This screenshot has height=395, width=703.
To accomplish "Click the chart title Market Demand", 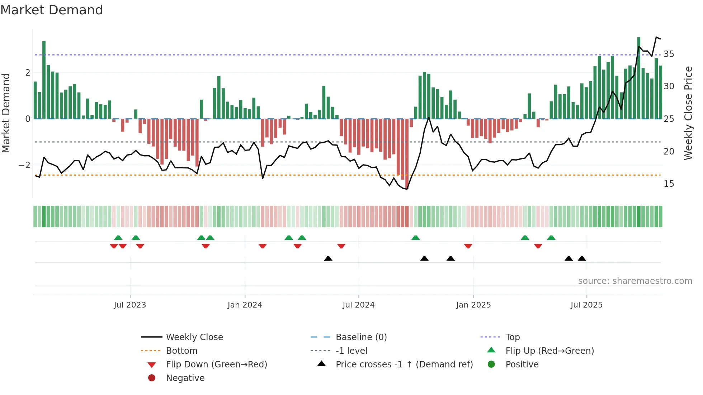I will click(x=52, y=10).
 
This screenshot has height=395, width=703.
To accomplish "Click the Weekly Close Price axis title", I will click(x=688, y=113).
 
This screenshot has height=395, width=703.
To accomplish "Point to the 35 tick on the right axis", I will click(x=669, y=54).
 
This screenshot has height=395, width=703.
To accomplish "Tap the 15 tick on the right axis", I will click(x=669, y=184).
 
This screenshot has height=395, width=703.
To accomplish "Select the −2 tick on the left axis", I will click(x=24, y=165).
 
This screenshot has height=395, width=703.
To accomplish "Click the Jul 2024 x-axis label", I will click(x=358, y=305).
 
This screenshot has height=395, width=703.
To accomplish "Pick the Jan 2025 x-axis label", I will click(x=473, y=305).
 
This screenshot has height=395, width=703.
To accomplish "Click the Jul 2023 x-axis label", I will click(x=130, y=305).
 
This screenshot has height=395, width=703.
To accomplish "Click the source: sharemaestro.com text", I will click(x=635, y=281).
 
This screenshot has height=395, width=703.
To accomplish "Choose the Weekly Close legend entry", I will click(x=194, y=337).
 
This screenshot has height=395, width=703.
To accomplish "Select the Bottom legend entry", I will click(x=181, y=351).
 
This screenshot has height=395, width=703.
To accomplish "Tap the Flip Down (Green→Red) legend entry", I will click(x=216, y=365).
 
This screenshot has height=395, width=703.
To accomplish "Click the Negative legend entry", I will click(x=185, y=378).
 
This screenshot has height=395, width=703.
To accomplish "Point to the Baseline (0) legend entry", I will click(x=361, y=337).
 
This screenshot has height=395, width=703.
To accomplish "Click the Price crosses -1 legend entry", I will click(x=404, y=365).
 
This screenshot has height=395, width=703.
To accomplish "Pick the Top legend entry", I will click(x=512, y=337).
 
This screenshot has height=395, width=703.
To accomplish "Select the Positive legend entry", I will click(x=522, y=365).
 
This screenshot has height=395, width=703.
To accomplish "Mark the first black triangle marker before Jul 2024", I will click(x=328, y=258).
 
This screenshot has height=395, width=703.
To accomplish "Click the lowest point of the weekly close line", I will click(x=407, y=189).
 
